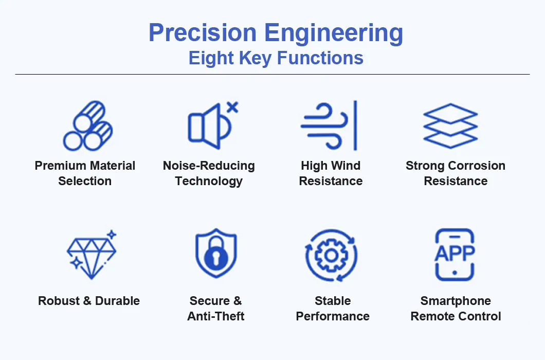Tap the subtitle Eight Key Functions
coord(276,58)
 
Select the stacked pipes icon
coord(87,126)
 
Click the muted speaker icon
coord(206,125)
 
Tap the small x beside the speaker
coord(232,107)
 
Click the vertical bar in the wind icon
coord(355,125)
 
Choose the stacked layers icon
coord(450,125)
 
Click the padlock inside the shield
coord(215,255)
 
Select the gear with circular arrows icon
coord(331,255)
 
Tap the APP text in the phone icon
coord(455,253)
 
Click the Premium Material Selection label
coord(85,173)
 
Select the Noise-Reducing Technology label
coord(209,173)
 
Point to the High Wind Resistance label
coord(331,173)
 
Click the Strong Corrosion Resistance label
coord(456,173)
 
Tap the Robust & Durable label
coord(89,301)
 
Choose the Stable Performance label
coord(333,309)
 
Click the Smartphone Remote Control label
coord(456,309)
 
